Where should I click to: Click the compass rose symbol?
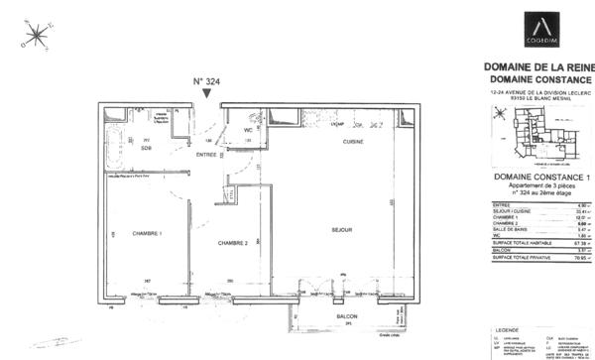click(x=37, y=36)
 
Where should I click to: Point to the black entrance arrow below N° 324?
click(x=205, y=93)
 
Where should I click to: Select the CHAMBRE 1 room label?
click(x=147, y=233)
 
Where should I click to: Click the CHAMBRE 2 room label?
click(x=232, y=243)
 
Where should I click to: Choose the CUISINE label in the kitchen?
click(x=353, y=143)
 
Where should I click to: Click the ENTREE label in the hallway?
click(x=206, y=155)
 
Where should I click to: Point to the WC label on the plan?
click(x=249, y=130)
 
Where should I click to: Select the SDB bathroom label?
click(x=146, y=148)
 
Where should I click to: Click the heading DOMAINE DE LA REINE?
click(x=538, y=67)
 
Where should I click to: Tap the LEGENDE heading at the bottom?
click(x=508, y=328)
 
